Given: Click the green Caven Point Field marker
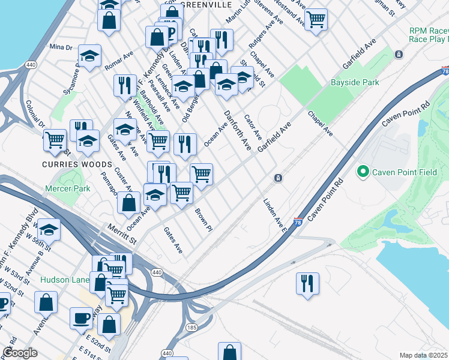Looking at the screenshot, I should pos(363,172).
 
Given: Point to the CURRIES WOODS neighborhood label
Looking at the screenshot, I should pos(77,164).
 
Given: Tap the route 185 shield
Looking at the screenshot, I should pos(191,328).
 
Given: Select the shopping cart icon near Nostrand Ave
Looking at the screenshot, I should pos(316,18).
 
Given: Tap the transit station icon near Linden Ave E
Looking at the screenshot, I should pos(278,178).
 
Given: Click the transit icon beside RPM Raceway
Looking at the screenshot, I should pos(399,55).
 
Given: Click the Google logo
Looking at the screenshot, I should pos(20,353).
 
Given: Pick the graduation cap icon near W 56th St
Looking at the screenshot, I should pos(49,229).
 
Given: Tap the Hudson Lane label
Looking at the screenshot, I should pos(63,280).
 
